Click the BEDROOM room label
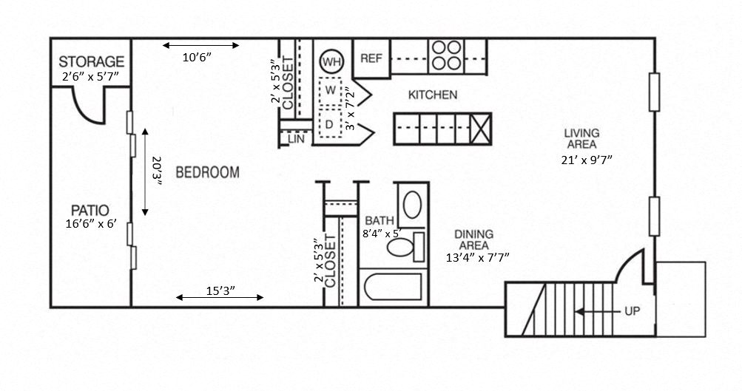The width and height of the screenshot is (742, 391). [207, 173]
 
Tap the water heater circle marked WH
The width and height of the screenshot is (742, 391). [331, 61]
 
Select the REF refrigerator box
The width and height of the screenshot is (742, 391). [371, 58]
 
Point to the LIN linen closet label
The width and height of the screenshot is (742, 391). [296, 138]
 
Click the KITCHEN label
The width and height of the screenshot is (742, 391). [433, 95]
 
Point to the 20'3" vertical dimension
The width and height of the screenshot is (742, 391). [157, 171]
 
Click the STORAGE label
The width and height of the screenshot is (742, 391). [91, 61]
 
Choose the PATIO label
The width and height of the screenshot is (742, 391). [91, 209]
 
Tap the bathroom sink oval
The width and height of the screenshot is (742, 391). [412, 203]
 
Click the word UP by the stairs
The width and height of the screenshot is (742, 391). [631, 311]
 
